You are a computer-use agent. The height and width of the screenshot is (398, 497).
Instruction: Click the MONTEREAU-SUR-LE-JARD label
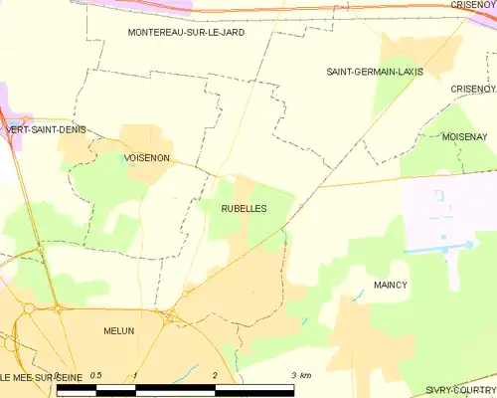tap(186, 33)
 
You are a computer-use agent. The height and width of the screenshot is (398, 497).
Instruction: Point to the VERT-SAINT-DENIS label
tap(46, 130)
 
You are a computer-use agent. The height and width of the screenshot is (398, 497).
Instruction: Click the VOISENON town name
tap(146, 158)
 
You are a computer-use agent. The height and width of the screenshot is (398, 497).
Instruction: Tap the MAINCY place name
tap(391, 285)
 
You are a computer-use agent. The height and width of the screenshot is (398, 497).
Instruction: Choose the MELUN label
tap(118, 330)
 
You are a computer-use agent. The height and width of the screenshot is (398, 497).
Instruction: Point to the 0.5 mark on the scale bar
tap(94, 375)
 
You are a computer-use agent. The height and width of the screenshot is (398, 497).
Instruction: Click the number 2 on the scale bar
tap(215, 375)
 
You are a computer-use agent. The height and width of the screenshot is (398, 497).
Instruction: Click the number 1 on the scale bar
tap(135, 375)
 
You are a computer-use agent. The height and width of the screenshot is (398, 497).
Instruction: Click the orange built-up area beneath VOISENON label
tap(149, 173)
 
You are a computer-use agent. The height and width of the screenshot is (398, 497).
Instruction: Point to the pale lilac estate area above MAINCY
tap(437, 214)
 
